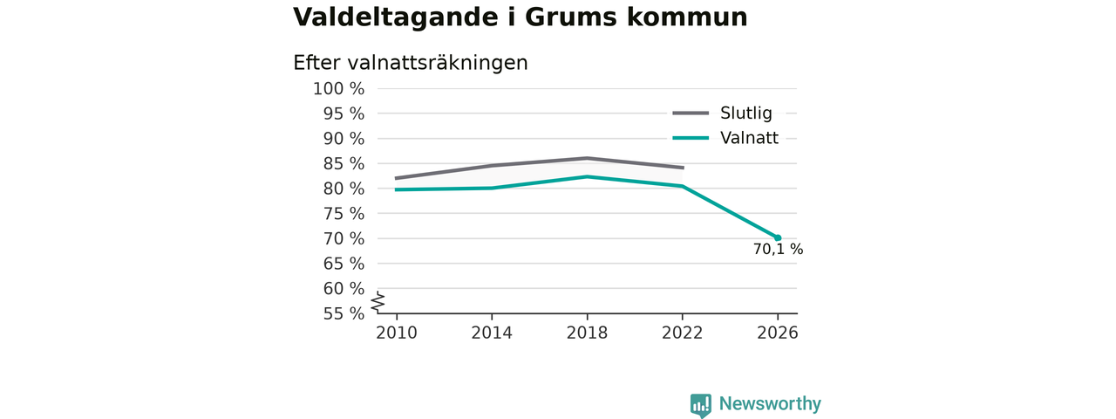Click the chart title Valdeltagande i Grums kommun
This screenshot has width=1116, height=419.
click(521, 17)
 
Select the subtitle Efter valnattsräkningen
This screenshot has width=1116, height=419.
click(410, 64)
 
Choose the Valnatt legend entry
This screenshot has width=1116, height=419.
click(725, 138)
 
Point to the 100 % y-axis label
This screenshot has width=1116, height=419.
click(339, 89)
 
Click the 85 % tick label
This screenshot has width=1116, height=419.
click(344, 163)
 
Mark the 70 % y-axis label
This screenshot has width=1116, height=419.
click(344, 238)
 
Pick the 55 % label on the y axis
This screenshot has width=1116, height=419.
click(344, 313)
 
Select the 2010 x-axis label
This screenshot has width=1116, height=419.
click(397, 333)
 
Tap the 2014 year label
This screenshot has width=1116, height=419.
click(492, 333)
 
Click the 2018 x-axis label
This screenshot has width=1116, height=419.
click(587, 333)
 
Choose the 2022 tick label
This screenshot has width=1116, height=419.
click(682, 333)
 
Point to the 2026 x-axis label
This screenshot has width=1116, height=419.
click(777, 333)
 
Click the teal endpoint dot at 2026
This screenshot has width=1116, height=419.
click(778, 238)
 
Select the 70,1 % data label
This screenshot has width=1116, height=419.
click(779, 250)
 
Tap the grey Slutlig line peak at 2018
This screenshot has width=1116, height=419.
click(587, 158)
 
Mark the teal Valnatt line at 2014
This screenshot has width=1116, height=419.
click(492, 188)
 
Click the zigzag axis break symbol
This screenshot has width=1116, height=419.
click(378, 302)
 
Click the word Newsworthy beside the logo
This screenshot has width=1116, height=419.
click(770, 403)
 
